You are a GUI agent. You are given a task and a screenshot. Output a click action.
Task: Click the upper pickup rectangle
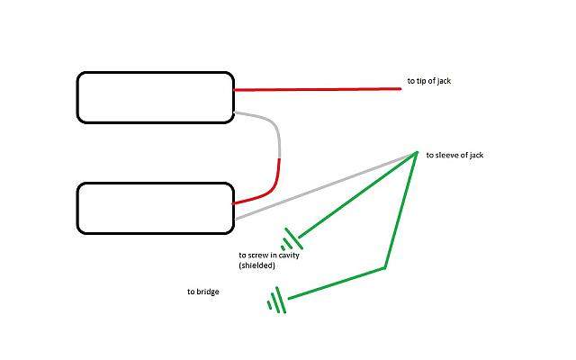point(156,72)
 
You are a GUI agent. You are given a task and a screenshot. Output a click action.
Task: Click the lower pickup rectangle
point(156,183)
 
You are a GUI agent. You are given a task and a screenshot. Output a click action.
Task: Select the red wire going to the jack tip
point(318,89)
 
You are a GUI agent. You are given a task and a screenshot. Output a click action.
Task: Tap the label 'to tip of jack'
point(428,81)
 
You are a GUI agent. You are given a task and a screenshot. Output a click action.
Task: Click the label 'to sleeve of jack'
point(454,155)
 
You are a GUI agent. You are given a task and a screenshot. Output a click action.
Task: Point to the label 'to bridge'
point(203,292)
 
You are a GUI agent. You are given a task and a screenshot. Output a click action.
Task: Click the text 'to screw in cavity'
point(269,255)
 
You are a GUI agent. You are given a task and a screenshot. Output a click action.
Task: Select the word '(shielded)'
point(256,265)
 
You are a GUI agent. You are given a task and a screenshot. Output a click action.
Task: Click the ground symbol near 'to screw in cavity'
point(292,240)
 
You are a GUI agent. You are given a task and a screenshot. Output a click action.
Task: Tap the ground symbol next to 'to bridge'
point(277,301)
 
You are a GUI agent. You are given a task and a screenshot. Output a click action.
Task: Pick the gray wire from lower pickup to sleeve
point(325,186)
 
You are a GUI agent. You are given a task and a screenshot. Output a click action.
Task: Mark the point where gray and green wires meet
point(416,153)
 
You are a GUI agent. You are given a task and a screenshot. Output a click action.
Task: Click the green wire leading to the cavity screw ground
point(357,195)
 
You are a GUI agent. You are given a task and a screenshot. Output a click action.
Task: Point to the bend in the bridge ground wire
point(384,268)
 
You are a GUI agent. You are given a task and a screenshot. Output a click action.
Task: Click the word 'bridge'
point(207,292)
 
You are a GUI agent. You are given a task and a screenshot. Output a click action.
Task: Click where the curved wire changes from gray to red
point(280,158)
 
